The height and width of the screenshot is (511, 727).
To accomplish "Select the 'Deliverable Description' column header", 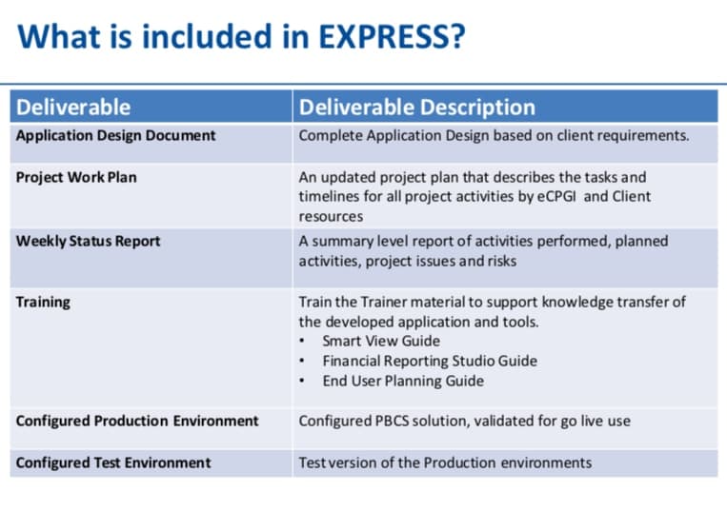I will tap(416, 107).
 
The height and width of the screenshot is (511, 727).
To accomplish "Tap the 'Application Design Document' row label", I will tap(115, 135).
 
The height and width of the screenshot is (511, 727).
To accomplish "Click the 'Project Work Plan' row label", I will tap(76, 177).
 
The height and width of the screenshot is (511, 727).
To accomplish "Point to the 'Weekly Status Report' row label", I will tap(88, 241).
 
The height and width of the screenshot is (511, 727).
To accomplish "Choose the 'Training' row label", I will tap(43, 302).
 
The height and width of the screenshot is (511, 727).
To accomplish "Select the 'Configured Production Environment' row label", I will tap(137, 421).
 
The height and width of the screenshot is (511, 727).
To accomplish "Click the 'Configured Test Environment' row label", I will tap(113, 462).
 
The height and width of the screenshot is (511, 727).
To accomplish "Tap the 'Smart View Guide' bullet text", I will tap(381, 341).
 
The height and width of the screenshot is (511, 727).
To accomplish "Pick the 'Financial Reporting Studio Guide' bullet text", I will tap(430, 361).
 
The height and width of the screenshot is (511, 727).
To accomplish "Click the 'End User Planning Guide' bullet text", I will tap(403, 381).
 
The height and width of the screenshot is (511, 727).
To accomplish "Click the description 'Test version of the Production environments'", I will tap(445, 462).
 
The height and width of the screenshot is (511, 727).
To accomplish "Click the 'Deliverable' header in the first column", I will tap(73, 107).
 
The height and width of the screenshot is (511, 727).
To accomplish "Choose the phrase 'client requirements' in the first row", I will tap(624, 135).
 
